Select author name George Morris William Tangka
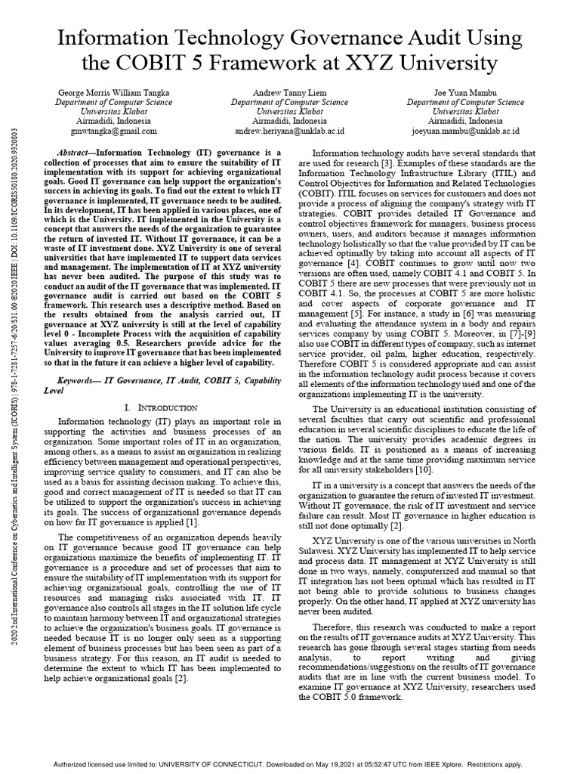coord(114,93)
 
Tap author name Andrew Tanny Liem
coord(289,93)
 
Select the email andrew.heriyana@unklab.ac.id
coord(289,129)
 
